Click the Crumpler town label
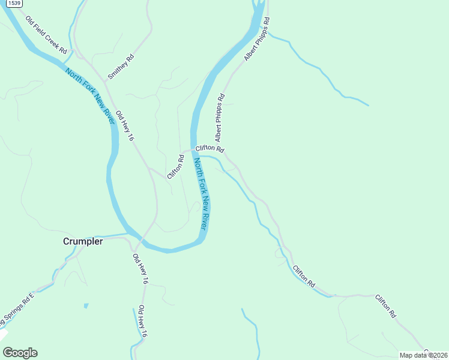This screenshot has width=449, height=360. coord(83,241)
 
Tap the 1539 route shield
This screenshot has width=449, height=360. coord(15,4)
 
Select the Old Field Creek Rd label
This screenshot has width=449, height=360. coord(46,35)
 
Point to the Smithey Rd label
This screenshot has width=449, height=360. coord(120,67)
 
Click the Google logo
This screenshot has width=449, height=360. coord(20,353)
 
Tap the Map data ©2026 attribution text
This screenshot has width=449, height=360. coord(423,355)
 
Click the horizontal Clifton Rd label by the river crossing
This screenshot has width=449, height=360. coord(209,148)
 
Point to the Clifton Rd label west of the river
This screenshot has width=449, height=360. coord(175,167)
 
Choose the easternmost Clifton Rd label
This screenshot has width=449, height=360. coord(386,306)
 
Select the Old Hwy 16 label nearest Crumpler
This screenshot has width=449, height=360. coord(140,269)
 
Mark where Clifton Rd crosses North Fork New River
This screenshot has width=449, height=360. coord(194,149)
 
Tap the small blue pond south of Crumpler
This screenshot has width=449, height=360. coord(86,306)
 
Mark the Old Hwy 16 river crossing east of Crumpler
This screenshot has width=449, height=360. coord(139,240)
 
